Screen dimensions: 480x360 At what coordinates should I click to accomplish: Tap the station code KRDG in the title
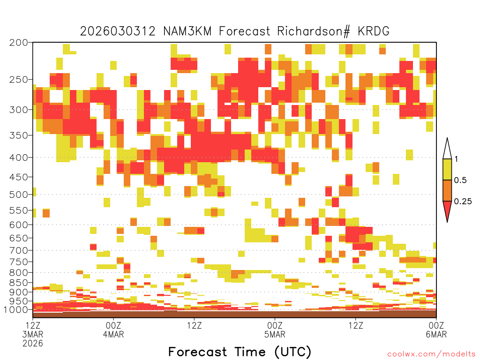point(374,31)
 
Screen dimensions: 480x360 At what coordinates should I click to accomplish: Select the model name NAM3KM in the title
point(187,31)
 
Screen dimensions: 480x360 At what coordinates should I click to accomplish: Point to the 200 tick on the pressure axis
point(19,43)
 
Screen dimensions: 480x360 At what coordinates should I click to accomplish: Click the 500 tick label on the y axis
point(19,195)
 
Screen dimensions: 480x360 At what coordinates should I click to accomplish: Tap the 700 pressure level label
point(19,250)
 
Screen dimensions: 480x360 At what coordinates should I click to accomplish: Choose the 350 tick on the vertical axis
point(19,135)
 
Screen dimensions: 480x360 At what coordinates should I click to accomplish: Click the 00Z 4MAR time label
point(113,330)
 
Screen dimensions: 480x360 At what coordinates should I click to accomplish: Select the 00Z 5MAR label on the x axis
point(275,330)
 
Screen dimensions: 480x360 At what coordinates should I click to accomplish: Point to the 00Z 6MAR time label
point(436,330)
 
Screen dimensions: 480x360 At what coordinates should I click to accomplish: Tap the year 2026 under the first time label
point(33,344)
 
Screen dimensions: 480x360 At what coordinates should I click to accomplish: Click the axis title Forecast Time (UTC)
point(240,352)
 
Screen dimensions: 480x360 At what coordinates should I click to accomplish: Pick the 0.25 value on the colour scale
point(463,202)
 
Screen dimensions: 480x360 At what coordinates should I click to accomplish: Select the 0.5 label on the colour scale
point(460,180)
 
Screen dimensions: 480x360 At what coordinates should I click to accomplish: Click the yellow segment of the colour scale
point(447,169)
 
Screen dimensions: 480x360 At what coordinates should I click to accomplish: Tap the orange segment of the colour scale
point(447,190)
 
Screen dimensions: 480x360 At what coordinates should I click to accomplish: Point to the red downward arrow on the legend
point(447,210)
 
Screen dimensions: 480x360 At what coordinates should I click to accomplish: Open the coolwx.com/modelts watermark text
point(431,354)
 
